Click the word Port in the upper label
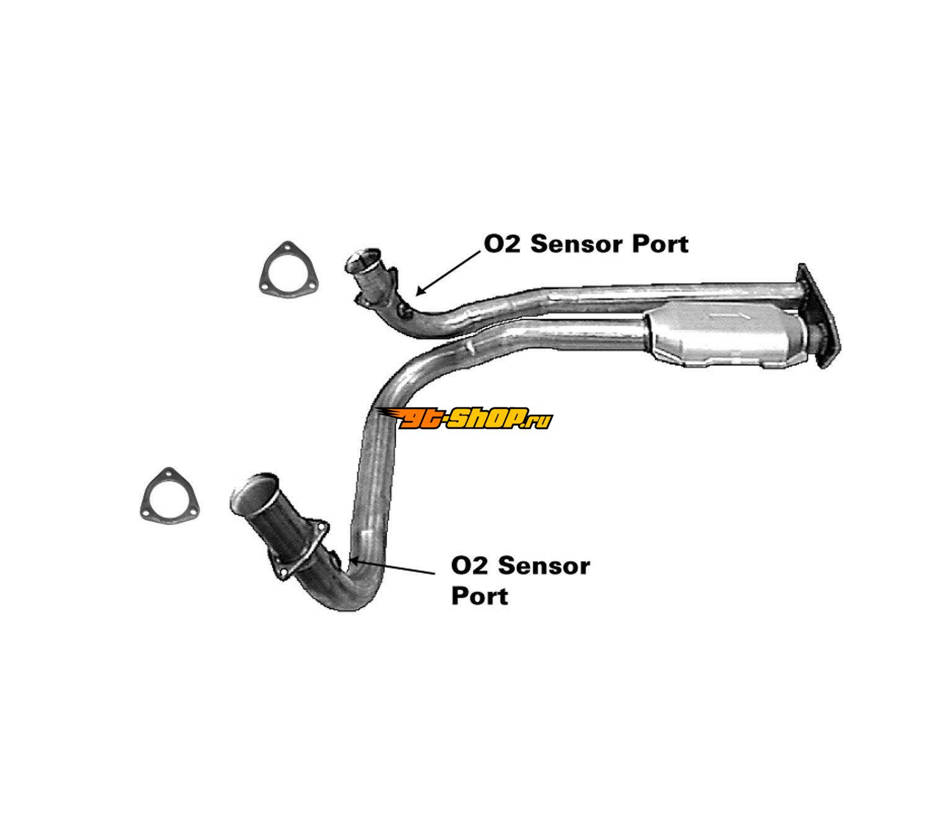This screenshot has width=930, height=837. coord(660,244)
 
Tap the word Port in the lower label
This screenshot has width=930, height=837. coord(480,596)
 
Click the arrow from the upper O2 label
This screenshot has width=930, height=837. coord(448,273)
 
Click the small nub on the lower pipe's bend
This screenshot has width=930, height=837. coord(469,345)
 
